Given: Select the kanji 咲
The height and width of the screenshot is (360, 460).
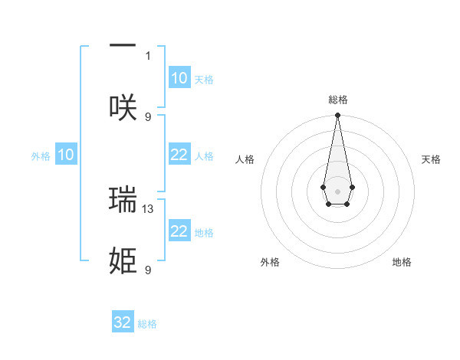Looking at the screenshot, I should [x=123, y=107].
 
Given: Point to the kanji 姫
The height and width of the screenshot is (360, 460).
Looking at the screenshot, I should [x=123, y=260].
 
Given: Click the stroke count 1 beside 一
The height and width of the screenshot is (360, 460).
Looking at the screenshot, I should [x=148, y=55].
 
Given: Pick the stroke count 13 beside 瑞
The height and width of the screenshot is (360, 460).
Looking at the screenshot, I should [x=148, y=208].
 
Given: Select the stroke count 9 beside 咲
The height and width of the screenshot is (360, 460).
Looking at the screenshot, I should [x=148, y=116].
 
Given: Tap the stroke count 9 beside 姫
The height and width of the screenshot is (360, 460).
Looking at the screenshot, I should [x=148, y=270].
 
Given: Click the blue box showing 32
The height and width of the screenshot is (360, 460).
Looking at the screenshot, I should [x=123, y=322].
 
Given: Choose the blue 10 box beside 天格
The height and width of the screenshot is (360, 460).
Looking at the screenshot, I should [x=179, y=78].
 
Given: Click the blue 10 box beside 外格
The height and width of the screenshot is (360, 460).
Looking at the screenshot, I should [x=66, y=155].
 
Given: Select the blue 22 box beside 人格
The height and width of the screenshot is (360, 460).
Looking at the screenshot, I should [x=179, y=155].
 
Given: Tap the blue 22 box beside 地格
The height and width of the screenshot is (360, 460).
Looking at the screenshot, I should [x=179, y=231].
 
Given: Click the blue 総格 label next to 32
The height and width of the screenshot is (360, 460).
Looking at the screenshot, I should [x=147, y=324].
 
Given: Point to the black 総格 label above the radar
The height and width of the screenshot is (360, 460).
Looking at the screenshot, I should [x=337, y=100].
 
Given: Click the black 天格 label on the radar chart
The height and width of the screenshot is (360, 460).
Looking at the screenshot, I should [x=431, y=159].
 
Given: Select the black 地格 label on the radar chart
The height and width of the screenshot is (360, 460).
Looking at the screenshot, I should [x=402, y=262].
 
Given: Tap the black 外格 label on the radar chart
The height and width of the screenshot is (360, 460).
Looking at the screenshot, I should [x=270, y=262].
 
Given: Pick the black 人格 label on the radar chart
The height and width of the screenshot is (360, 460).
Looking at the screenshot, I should [x=245, y=159].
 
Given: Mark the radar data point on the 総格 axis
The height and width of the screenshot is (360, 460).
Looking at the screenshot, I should [x=337, y=116].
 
